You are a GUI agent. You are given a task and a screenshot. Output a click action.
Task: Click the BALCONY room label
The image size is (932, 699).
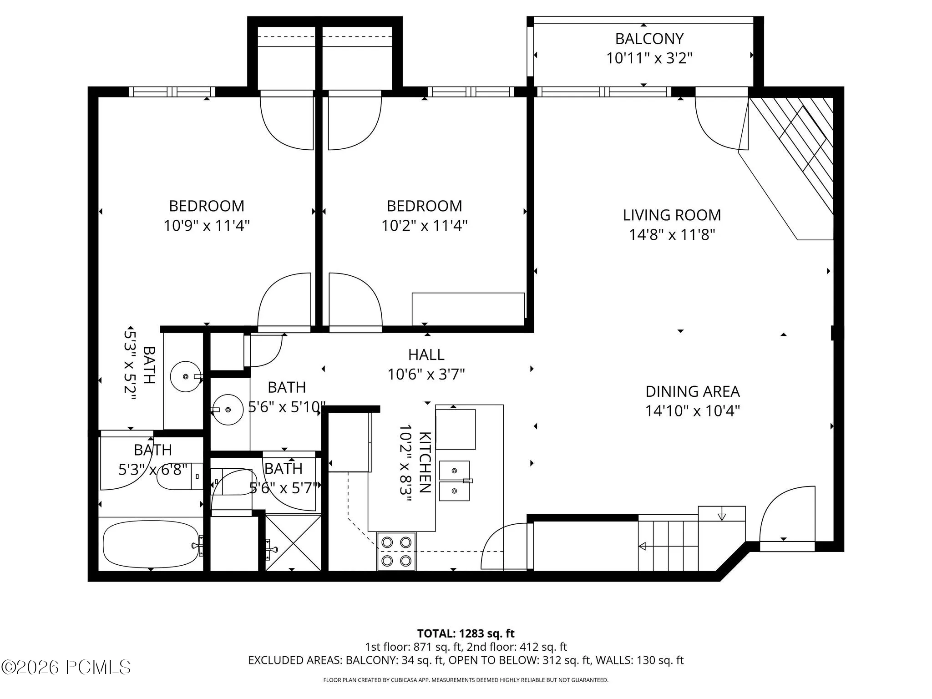tap(649, 39)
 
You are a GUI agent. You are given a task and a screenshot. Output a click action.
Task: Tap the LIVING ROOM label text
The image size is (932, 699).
tap(672, 215)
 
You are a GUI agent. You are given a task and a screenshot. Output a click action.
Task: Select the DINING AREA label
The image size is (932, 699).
tap(693, 391)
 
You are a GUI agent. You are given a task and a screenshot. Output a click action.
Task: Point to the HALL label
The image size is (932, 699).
tap(426, 355)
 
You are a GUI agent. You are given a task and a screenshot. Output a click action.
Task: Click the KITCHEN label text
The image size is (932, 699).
tap(425, 462)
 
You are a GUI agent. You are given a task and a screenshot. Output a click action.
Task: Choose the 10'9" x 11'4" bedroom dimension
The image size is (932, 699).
tap(207, 226)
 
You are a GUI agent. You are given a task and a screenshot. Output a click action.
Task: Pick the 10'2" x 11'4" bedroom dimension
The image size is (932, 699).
tap(424, 226)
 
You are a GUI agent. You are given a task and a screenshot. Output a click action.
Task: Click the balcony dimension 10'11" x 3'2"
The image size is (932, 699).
tap(649, 59)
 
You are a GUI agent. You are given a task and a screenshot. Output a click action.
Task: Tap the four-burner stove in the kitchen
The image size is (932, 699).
tap(396, 551)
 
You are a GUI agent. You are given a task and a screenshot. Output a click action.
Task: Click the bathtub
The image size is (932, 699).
tap(151, 544)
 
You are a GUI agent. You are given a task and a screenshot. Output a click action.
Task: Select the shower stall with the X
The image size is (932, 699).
tap(293, 542)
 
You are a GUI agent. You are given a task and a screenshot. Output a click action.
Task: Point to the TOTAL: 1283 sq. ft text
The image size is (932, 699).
tap(466, 633)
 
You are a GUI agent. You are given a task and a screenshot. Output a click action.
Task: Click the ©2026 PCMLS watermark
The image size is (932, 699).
tap(66, 667)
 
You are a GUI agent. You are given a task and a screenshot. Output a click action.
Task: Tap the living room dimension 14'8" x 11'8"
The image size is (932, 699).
tap(672, 235)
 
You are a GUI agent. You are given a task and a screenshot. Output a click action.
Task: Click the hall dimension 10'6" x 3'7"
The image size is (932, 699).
tap(426, 375)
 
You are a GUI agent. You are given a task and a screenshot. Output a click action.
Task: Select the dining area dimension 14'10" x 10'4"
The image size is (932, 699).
tap(693, 411)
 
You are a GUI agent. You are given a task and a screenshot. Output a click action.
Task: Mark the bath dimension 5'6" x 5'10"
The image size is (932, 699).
tap(287, 407)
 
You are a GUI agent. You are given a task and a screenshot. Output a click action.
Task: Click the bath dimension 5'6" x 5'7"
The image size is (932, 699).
tap(284, 488)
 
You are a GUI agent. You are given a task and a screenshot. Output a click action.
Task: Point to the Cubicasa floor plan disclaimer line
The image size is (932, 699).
tap(466, 680)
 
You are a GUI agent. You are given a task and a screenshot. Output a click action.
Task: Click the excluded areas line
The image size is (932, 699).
tap(466, 660)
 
